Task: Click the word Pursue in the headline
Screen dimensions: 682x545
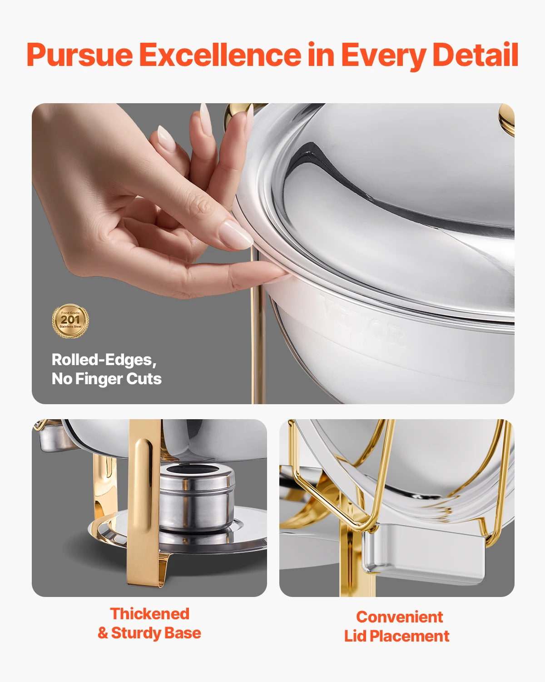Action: click(x=79, y=55)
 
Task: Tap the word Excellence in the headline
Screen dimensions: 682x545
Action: click(x=220, y=55)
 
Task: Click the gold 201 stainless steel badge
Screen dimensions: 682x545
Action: click(x=70, y=321)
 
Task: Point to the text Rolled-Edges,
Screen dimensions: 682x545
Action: click(x=104, y=360)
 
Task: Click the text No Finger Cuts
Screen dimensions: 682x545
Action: click(x=106, y=379)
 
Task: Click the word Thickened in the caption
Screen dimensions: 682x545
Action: click(x=149, y=614)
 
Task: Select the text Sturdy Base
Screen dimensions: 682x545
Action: click(x=156, y=633)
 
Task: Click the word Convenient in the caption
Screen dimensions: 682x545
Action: click(x=399, y=617)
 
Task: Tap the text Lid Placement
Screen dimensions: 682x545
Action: click(x=396, y=636)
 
